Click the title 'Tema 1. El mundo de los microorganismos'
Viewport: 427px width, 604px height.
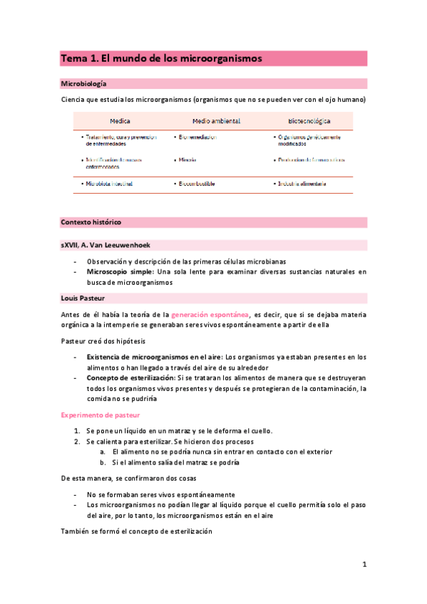click(162, 58)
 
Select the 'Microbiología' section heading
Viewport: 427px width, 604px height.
click(84, 83)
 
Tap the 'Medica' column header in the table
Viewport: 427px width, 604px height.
click(120, 120)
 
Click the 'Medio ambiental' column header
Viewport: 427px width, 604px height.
click(216, 120)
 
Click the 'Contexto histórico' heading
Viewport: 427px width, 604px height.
click(91, 222)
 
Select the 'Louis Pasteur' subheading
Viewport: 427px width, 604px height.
click(84, 298)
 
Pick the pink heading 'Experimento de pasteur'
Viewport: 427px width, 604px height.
click(100, 415)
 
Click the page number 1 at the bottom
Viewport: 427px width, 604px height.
click(364, 565)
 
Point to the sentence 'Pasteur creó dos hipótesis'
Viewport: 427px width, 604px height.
click(103, 341)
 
